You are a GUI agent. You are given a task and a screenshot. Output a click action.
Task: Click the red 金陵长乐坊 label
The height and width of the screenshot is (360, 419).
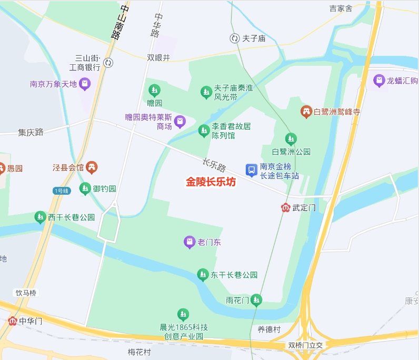pos(211,182)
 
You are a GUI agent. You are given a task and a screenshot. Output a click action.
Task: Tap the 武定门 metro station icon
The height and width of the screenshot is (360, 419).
pos(285,208)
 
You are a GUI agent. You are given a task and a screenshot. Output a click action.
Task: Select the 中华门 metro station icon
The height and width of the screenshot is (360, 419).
pos(13,321)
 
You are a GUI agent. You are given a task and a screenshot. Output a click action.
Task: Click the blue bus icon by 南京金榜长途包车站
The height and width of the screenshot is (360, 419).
pos(251,170)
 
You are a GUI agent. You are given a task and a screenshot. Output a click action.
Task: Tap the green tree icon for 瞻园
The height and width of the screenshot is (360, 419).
pos(154,90)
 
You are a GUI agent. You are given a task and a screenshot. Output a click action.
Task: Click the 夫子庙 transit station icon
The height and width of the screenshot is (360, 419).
pos(234,38)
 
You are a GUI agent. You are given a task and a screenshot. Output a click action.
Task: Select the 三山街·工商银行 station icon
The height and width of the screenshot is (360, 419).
pos(108,63)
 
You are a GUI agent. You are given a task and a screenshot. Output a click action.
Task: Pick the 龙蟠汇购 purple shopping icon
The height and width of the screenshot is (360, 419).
pos(378,81)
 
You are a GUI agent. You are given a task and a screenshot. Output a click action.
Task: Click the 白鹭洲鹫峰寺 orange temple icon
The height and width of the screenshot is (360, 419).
pos(306,112)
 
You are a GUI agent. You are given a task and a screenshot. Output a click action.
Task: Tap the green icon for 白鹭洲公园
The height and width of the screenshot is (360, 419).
pos(291,139)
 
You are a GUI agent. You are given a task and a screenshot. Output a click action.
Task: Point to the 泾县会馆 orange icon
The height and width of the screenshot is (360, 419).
pos(92,167)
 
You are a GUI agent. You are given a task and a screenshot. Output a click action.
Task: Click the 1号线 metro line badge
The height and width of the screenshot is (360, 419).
pos(61,191)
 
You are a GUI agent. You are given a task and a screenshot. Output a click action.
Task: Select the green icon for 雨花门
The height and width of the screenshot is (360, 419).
pos(256,300)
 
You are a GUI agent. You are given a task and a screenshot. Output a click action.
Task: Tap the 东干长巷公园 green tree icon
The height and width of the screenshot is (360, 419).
pos(203,274)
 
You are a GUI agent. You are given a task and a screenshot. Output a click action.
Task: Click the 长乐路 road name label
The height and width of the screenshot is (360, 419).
pos(214,165)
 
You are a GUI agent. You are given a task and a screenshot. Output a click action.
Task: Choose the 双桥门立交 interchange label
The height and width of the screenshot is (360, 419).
pos(308,345)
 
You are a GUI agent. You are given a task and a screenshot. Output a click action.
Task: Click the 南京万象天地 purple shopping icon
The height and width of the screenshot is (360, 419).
pos(85,84)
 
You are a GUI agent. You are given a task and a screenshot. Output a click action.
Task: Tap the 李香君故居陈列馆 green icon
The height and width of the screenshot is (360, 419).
pos(204,131)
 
